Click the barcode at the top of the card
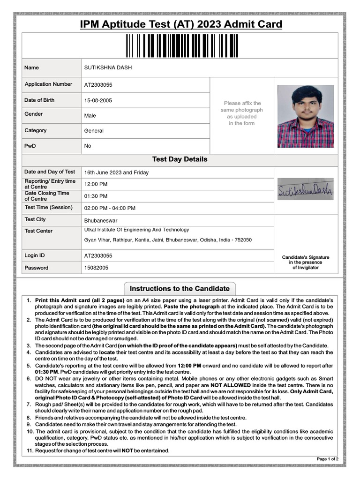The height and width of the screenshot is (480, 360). [180, 45]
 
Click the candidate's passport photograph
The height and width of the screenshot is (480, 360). [306, 116]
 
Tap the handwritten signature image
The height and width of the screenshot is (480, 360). [305, 189]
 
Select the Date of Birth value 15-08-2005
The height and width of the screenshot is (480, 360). [98, 100]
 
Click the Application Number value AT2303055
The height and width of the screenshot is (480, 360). [98, 85]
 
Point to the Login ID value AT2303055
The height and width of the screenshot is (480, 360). [98, 256]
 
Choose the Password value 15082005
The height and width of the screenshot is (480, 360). [96, 268]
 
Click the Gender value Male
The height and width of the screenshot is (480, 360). [90, 115]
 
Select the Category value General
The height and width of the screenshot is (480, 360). [94, 131]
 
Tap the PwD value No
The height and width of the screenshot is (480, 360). [88, 146]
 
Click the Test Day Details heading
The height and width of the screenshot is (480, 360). [180, 159]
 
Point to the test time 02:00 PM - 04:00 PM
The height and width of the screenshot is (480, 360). [110, 208]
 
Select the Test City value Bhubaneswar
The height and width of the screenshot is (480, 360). [101, 220]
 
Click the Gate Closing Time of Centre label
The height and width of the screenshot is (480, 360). [47, 196]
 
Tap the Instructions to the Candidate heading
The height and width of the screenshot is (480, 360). [180, 288]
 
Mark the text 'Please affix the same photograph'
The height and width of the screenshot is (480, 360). [242, 106]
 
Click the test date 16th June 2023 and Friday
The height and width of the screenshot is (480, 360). [116, 172]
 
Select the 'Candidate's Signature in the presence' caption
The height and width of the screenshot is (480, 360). [306, 260]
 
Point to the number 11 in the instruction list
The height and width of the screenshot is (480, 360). [29, 451]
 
